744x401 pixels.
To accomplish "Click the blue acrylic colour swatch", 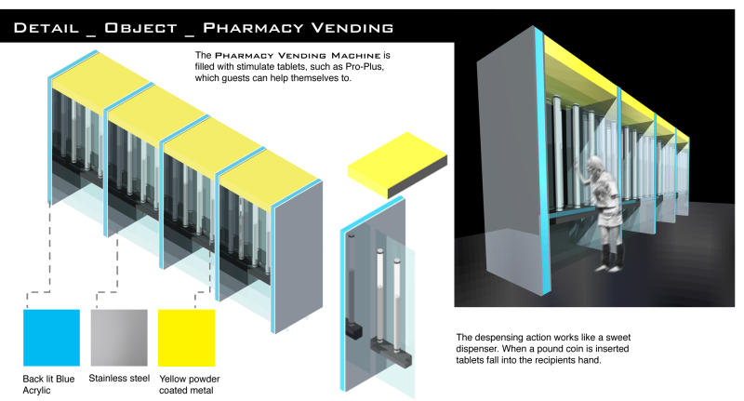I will tap(51, 338).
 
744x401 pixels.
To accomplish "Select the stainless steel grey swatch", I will tap(119, 338).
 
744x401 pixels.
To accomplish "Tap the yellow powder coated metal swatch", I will tap(186, 338).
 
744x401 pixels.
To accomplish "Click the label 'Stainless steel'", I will tap(119, 379).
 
